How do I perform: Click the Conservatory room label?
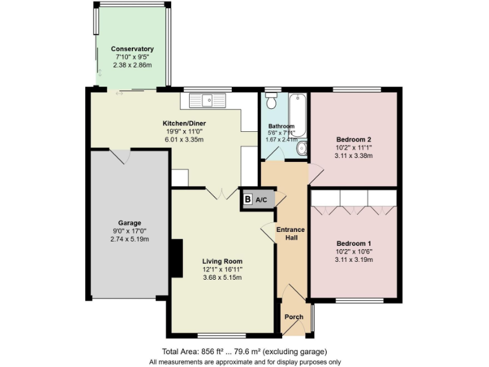132,49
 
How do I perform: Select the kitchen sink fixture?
208,100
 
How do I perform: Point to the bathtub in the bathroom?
298,115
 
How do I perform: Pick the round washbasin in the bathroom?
302,148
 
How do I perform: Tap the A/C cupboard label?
262,199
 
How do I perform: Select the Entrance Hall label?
290,233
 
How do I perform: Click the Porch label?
294,317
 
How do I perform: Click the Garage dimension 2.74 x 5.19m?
129,239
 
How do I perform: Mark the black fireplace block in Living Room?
176,258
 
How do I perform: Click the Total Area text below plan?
244,352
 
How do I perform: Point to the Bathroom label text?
281,126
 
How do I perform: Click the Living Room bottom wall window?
222,335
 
